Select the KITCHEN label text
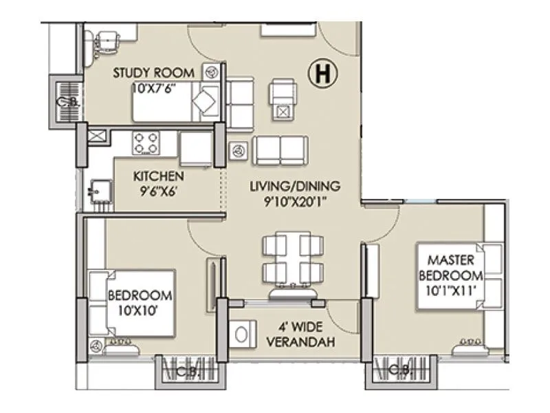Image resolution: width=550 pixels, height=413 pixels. click(x=158, y=176)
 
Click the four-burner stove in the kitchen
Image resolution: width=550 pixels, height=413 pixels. click(x=146, y=143)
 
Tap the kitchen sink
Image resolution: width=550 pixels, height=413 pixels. click(x=100, y=189)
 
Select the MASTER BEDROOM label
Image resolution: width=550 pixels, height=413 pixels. click(x=452, y=268)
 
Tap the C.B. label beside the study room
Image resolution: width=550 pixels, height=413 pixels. click(x=66, y=103)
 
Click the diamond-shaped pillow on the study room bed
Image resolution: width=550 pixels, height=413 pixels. click(x=203, y=103)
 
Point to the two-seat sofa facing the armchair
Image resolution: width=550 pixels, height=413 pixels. click(x=280, y=149)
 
